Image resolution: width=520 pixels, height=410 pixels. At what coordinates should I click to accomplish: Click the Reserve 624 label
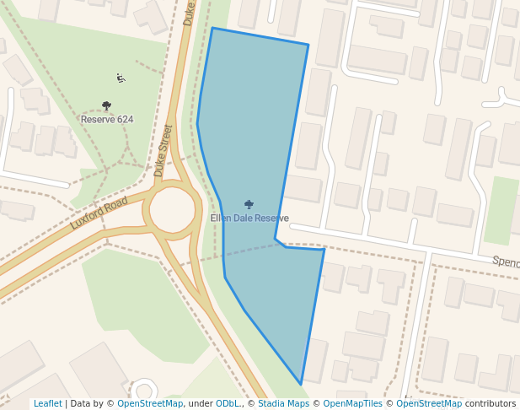(107, 120)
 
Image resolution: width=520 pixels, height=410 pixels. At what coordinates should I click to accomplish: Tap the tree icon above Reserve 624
(106, 106)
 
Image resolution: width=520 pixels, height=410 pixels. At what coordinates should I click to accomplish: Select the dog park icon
(121, 78)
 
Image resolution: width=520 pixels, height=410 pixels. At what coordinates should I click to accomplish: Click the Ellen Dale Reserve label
(249, 218)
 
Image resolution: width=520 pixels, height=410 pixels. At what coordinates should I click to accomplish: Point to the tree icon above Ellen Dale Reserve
(249, 204)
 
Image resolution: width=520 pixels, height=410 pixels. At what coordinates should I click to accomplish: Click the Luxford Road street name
(99, 213)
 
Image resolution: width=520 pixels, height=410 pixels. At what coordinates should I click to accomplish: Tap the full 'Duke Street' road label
(164, 150)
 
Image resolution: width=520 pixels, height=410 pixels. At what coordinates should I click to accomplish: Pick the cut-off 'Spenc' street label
(505, 262)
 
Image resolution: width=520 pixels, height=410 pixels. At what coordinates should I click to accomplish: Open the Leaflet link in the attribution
(47, 404)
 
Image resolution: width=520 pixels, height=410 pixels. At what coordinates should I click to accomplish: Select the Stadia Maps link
(283, 404)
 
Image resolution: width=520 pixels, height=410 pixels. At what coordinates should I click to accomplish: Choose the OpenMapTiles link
(355, 404)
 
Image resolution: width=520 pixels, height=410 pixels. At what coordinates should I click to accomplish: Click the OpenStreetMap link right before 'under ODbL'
(150, 404)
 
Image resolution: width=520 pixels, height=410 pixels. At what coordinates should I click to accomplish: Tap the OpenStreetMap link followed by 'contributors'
(429, 404)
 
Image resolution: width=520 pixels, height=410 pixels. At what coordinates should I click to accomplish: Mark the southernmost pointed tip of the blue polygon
(301, 385)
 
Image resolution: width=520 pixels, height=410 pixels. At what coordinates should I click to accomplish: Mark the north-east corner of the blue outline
(308, 45)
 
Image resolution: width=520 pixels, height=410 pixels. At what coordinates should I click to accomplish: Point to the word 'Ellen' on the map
(221, 218)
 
